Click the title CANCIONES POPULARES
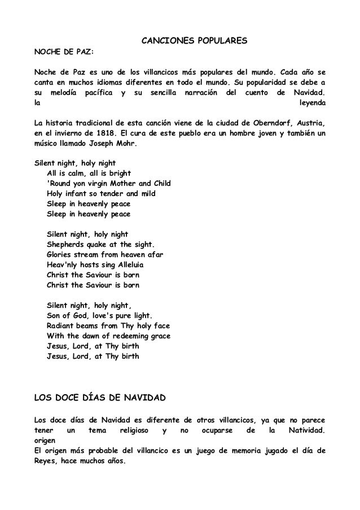click(194, 42)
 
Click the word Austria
click(312, 123)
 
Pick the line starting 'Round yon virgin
click(109, 184)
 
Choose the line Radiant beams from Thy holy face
click(108, 326)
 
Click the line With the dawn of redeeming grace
click(109, 336)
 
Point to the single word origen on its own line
click(46, 441)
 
